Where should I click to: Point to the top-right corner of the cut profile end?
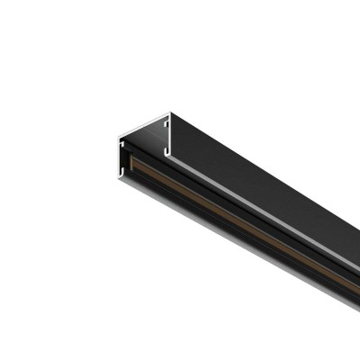pyautogui.click(x=170, y=113)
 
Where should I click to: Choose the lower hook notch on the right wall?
pyautogui.click(x=166, y=146)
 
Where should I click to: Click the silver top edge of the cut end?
pyautogui.click(x=144, y=125)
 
